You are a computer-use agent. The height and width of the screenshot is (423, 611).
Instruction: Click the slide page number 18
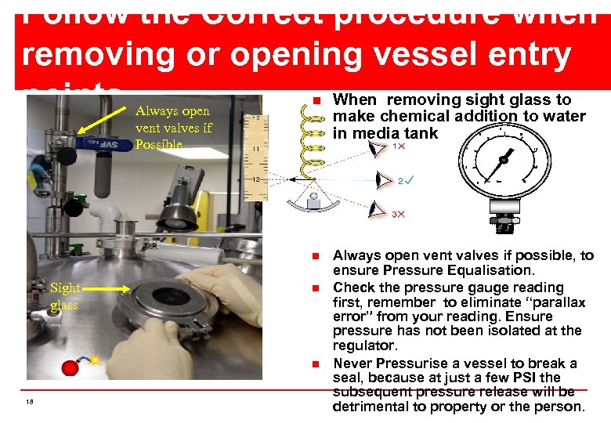pos(29,402)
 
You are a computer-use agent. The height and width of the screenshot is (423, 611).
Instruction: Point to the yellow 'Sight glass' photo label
pos(64,296)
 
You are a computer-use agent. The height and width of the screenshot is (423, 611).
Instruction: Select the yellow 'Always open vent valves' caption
pos(173,128)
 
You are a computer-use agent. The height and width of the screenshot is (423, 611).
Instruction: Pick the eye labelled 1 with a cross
pos(378,149)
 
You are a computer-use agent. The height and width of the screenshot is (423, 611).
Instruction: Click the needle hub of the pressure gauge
pos(502,159)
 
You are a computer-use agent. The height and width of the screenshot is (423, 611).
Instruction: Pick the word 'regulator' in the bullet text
pos(365,345)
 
